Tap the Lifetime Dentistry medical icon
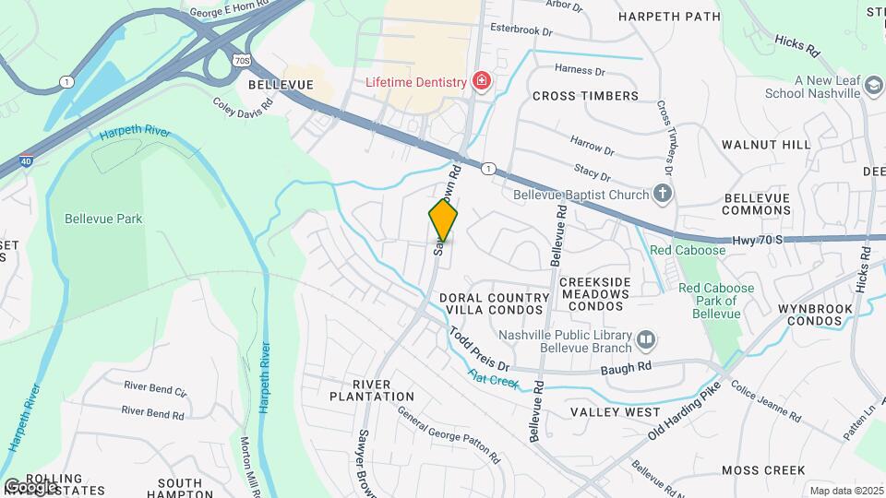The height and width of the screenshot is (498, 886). [x=480, y=82]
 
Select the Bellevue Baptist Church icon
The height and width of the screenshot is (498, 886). [x=661, y=194]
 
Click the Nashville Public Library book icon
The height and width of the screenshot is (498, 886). [x=646, y=341]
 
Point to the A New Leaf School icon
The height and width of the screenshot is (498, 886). [x=872, y=88]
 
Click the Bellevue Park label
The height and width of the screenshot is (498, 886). [x=103, y=219]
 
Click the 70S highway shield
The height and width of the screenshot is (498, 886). [x=242, y=60]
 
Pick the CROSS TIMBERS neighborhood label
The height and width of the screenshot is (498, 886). [x=585, y=96]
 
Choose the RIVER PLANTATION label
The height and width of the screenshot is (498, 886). [x=372, y=390]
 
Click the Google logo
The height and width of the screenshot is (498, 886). [x=30, y=486]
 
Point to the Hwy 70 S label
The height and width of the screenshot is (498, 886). [x=759, y=239]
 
